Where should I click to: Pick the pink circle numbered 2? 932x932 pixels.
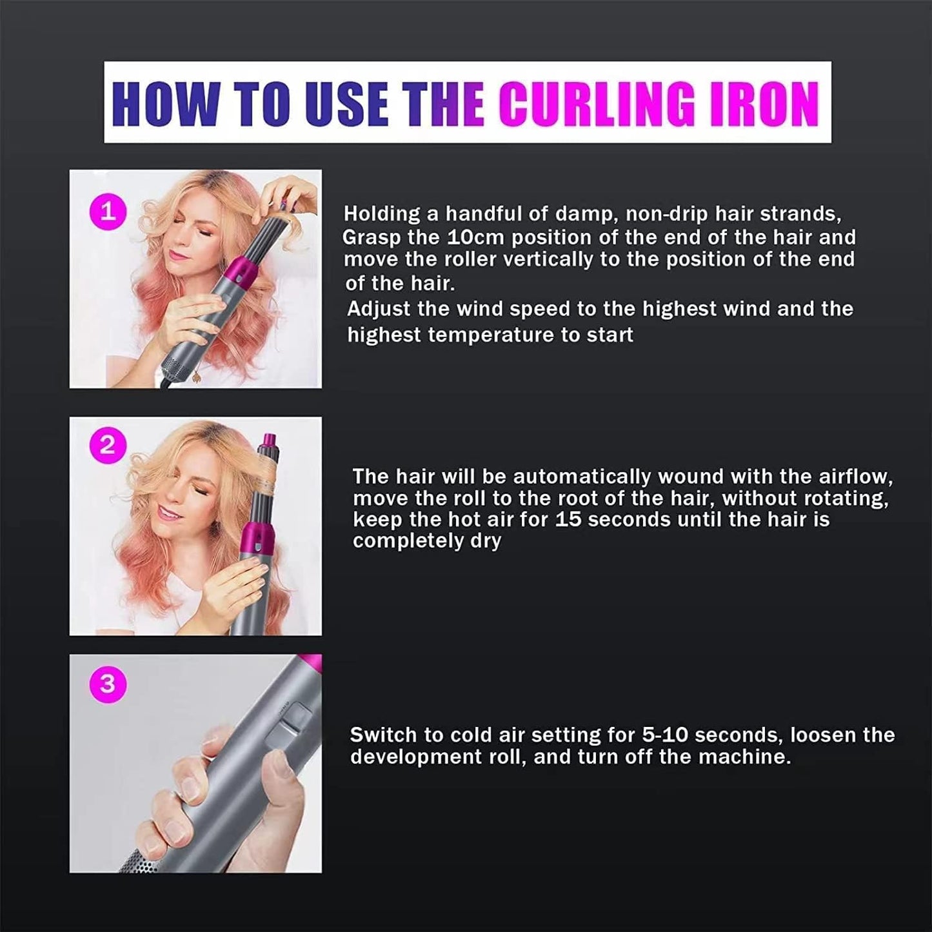pyautogui.click(x=108, y=446)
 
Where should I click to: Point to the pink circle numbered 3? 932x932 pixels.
pyautogui.click(x=108, y=683)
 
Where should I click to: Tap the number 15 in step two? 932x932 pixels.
pyautogui.click(x=568, y=519)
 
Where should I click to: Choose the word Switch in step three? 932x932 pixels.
pyautogui.click(x=383, y=735)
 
